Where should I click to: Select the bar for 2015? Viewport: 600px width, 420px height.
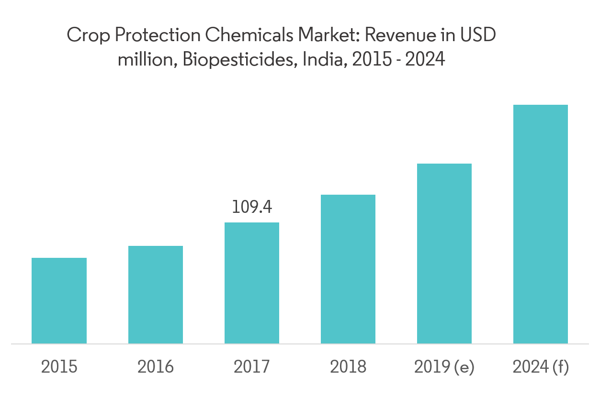click(x=59, y=300)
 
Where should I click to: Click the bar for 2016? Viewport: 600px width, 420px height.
click(x=155, y=295)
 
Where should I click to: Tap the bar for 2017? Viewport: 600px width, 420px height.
click(x=252, y=283)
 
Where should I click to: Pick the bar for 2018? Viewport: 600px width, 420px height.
click(x=348, y=269)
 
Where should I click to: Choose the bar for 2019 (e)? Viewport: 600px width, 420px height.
click(x=444, y=254)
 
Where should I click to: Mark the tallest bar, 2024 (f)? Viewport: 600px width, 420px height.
click(x=541, y=224)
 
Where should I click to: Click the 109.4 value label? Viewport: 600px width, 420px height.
click(x=252, y=207)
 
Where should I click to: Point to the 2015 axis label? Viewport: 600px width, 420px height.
click(x=59, y=367)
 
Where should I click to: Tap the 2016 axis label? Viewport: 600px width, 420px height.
click(x=155, y=367)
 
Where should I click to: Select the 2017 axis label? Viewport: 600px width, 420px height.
click(x=252, y=367)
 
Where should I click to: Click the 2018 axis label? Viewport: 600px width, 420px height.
click(x=348, y=367)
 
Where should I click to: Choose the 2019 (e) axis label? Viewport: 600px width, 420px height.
click(x=444, y=367)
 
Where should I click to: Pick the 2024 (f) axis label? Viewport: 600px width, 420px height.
click(x=541, y=367)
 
